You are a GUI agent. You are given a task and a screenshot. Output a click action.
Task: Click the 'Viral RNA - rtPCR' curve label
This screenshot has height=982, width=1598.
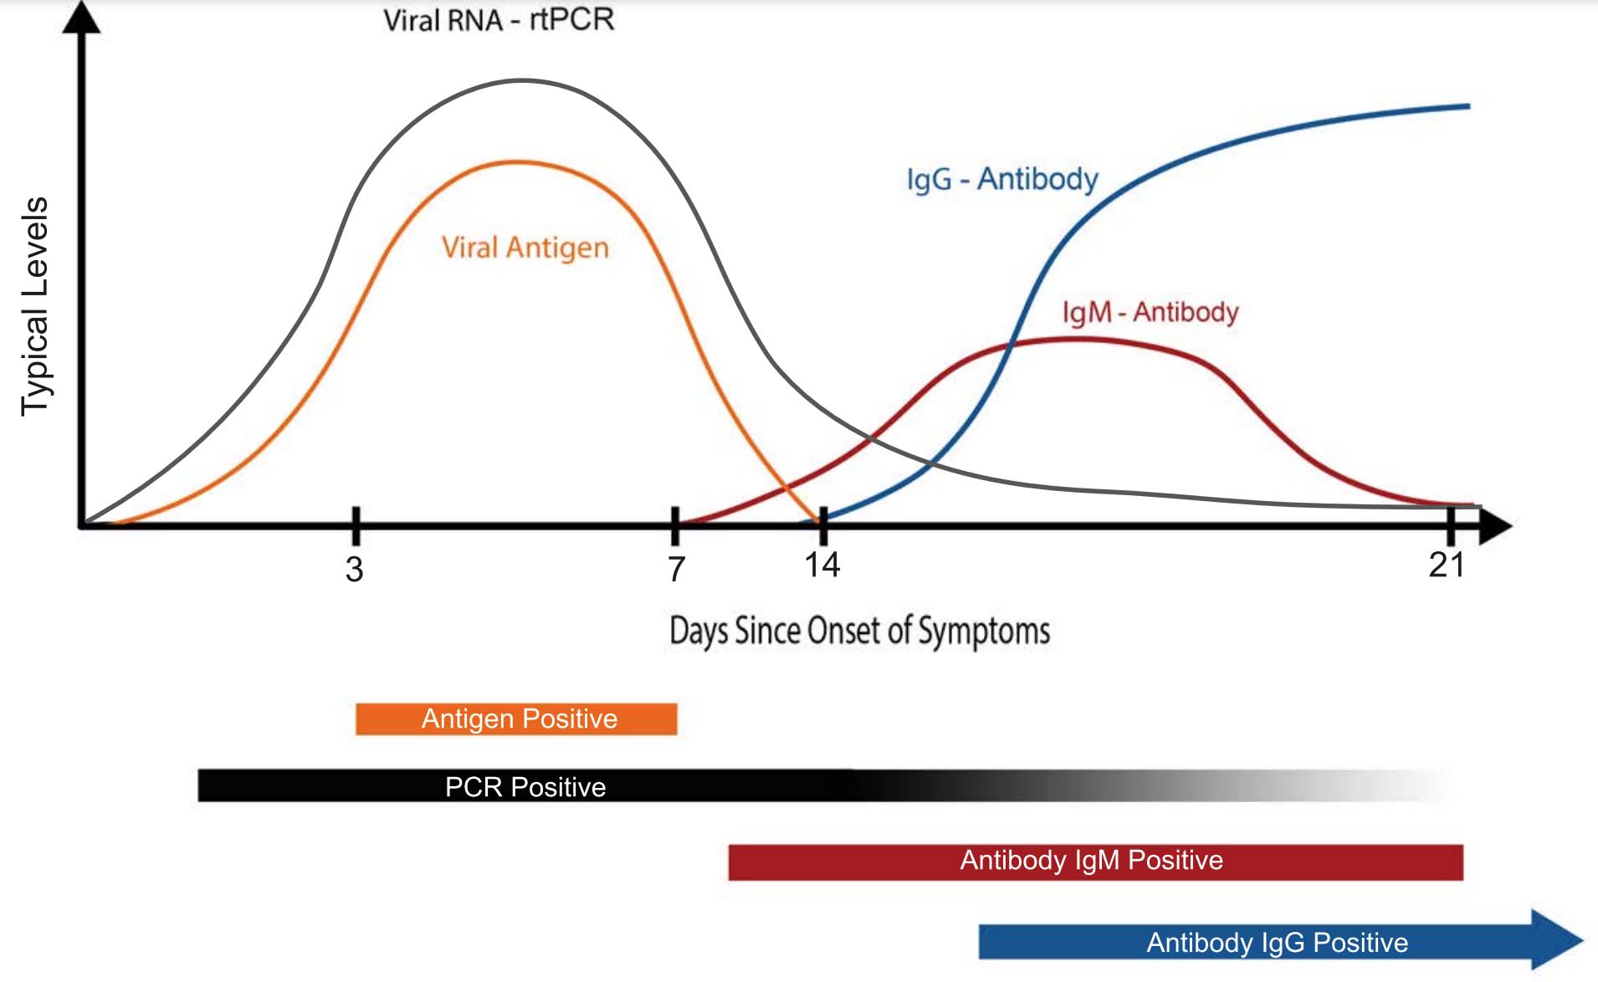pos(499,20)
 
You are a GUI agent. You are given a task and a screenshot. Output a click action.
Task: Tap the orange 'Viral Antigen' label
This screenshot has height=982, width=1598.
pos(525,248)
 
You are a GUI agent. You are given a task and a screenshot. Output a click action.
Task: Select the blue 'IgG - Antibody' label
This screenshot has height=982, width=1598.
pos(1001,179)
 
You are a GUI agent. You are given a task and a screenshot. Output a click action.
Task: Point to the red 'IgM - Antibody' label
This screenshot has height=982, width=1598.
pos(1150,312)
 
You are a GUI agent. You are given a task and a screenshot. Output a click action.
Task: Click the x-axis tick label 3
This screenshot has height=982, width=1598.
pos(355,570)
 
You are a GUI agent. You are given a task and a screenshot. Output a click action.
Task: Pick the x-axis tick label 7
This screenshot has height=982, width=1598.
pos(676,570)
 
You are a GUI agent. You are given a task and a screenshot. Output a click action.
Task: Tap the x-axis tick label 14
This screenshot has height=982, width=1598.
pos(822,565)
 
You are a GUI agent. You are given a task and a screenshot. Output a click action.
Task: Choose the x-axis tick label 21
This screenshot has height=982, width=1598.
pos(1447,565)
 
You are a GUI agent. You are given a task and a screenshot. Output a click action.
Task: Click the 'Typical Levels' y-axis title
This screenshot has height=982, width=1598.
pos(35,306)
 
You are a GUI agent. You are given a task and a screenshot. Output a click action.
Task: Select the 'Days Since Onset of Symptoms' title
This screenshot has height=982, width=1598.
pos(859,631)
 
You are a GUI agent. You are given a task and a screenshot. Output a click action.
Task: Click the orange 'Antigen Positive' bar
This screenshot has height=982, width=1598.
pos(516,719)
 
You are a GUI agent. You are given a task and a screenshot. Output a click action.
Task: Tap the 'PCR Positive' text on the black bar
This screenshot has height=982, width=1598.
pos(525,787)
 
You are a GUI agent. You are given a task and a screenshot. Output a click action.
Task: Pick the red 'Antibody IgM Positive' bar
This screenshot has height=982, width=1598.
pos(1095,862)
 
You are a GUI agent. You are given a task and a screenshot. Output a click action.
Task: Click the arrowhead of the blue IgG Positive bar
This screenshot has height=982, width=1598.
pos(1556,940)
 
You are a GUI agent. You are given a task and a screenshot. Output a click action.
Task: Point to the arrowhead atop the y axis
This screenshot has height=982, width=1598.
pos(82,17)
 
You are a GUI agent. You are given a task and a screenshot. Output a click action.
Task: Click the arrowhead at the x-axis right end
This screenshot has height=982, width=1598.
pos(1496,526)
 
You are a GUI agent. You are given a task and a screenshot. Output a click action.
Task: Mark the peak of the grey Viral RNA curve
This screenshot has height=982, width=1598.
pos(521,80)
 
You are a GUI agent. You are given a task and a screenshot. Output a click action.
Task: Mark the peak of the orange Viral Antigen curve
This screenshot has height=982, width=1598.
pos(519,161)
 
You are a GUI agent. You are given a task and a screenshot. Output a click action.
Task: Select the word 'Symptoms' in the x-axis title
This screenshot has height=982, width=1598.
pos(984,632)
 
